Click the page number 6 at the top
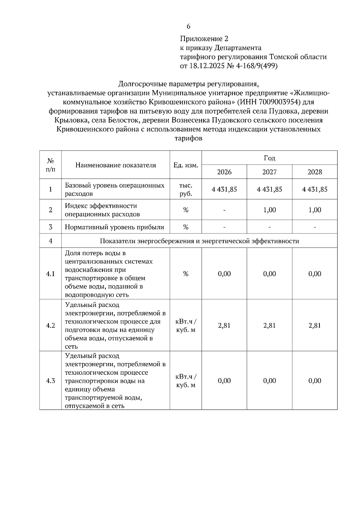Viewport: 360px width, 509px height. pyautogui.click(x=188, y=26)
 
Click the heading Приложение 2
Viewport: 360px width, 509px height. pyautogui.click(x=204, y=39)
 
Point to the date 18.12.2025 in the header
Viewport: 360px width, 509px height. pyautogui.click(x=206, y=66)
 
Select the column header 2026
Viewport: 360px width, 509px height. pyautogui.click(x=224, y=172)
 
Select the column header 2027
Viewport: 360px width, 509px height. pyautogui.click(x=269, y=172)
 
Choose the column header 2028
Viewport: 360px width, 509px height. pyautogui.click(x=315, y=172)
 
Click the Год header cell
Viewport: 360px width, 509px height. pyautogui.click(x=269, y=158)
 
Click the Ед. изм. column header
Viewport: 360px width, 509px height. pyautogui.click(x=186, y=165)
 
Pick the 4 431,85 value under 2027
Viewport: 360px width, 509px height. pyautogui.click(x=269, y=189)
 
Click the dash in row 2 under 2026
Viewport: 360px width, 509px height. pyautogui.click(x=224, y=210)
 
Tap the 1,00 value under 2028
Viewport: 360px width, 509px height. pyautogui.click(x=315, y=210)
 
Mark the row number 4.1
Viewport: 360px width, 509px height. pyautogui.click(x=50, y=274)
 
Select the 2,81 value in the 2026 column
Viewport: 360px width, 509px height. pyautogui.click(x=224, y=326)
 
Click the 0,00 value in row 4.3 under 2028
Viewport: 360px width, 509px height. pyautogui.click(x=315, y=381)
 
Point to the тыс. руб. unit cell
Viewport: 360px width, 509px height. pyautogui.click(x=186, y=189)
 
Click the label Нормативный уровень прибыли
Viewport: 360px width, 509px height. pyautogui.click(x=114, y=227)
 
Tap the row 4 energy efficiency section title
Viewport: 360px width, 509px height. pyautogui.click(x=199, y=241)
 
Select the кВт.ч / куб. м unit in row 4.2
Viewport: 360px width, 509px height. pyautogui.click(x=186, y=326)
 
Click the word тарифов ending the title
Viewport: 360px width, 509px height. pyautogui.click(x=188, y=138)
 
